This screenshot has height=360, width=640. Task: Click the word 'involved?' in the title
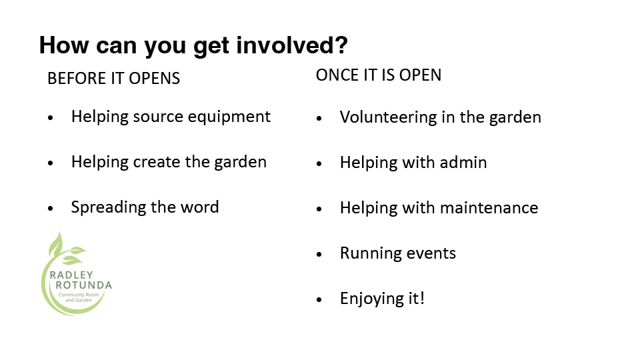click(x=292, y=45)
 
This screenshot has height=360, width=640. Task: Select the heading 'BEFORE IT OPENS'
click(x=113, y=79)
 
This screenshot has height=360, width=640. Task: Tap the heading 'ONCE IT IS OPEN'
click(x=379, y=75)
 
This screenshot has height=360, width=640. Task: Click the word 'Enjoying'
click(x=371, y=299)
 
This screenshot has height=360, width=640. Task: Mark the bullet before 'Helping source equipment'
click(x=51, y=118)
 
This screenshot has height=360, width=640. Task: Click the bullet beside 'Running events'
click(x=319, y=254)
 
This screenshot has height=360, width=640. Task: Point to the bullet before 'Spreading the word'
click(x=51, y=209)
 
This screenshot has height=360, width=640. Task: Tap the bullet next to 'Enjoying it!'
click(x=319, y=299)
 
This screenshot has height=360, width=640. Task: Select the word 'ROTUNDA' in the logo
click(x=84, y=285)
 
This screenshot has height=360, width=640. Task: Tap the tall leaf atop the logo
click(x=56, y=244)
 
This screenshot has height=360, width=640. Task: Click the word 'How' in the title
click(x=64, y=45)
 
